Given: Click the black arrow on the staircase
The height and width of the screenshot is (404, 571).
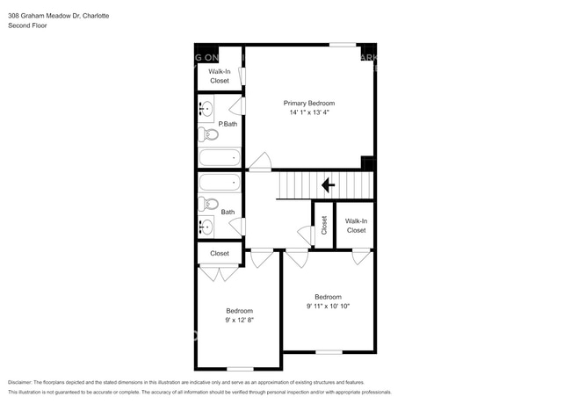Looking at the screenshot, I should coord(328,185).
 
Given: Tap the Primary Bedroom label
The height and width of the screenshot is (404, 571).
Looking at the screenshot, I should coord(308,103).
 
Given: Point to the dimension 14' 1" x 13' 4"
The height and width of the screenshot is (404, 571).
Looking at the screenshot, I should coord(308,112).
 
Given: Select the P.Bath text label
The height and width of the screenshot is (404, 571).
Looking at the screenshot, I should coord(228,124).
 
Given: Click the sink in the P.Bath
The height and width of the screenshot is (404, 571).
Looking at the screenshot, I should coord(206,110).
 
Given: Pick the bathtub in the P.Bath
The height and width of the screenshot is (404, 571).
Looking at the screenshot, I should coord(219,158).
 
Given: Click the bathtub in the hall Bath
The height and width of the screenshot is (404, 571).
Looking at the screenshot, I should coord(219,183).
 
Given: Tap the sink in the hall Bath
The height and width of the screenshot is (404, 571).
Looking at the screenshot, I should coord(206,227).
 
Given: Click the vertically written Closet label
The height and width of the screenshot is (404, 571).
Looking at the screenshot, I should coord(323,225).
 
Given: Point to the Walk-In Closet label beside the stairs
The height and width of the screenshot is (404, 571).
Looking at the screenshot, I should coord(356,226).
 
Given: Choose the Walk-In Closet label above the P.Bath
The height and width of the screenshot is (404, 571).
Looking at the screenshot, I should coord(219,76).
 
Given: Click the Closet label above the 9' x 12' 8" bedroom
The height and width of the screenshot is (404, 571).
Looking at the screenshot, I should coord(219,253).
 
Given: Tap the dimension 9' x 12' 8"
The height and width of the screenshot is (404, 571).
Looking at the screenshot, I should coord(239,321).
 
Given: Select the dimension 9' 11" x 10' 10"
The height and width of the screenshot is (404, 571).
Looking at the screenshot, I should coord(329,307).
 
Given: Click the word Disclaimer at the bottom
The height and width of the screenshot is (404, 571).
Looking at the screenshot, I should coord(24,383).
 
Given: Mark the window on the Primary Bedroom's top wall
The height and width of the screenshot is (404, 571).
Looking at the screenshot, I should coord(343,45).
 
